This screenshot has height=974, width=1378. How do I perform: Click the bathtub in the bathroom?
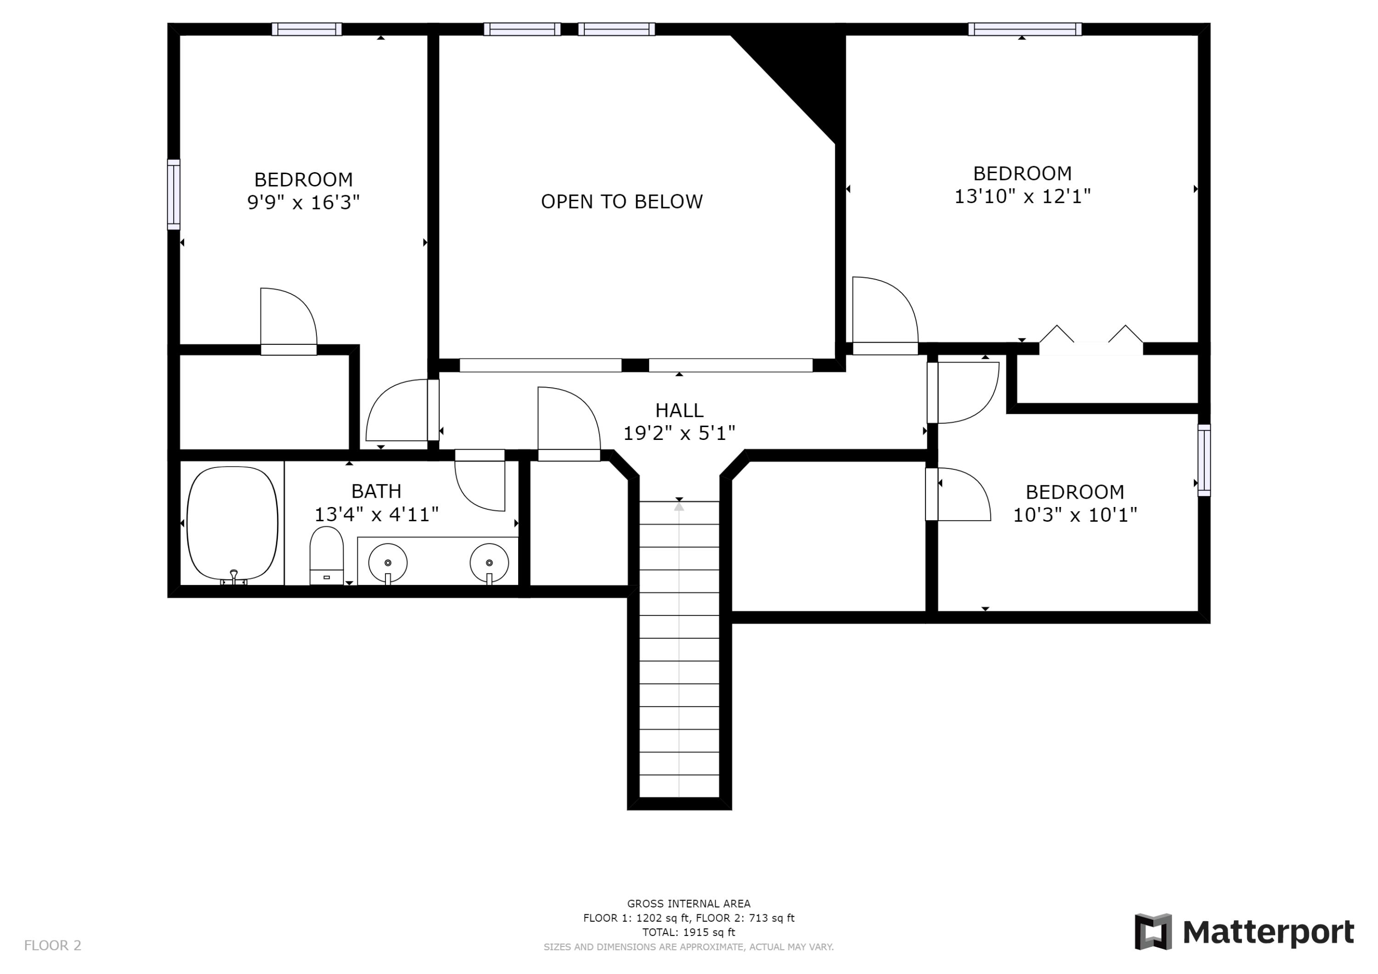point(232,524)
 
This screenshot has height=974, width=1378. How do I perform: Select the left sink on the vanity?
point(388,563)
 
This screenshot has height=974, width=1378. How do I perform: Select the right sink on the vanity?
point(489,563)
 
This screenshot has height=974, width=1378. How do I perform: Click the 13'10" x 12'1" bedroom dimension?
point(1022,196)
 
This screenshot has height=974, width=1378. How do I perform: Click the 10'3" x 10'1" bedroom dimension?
point(1075,515)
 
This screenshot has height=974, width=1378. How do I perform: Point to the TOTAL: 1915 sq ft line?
point(689,932)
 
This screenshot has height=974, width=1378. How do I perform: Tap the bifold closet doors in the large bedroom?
point(1090,339)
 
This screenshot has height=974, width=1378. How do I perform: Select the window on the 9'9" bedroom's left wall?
point(174,194)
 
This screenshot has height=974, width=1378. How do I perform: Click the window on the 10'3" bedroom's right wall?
point(1204,460)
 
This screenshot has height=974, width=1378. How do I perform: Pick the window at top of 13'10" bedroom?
point(1024,29)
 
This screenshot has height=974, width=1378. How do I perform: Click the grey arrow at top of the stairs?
point(679,507)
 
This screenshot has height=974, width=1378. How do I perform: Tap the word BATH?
point(376,491)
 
